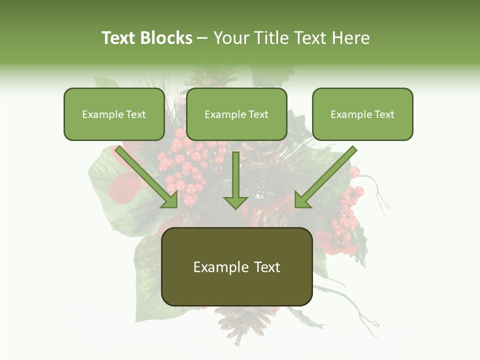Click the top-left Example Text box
tap(114, 114)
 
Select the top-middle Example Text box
tap(236, 114)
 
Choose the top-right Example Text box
tap(362, 114)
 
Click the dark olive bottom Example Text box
tap(237, 266)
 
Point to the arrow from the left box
tap(147, 177)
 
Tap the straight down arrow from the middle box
tap(235, 180)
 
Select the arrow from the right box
tap(325, 177)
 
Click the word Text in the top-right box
tap(383, 114)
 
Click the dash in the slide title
tap(202, 38)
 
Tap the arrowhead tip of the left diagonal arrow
tap(176, 206)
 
